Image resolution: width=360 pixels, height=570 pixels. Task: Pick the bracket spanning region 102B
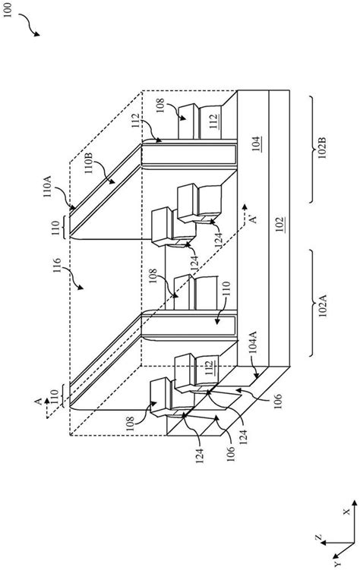point(313,149)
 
